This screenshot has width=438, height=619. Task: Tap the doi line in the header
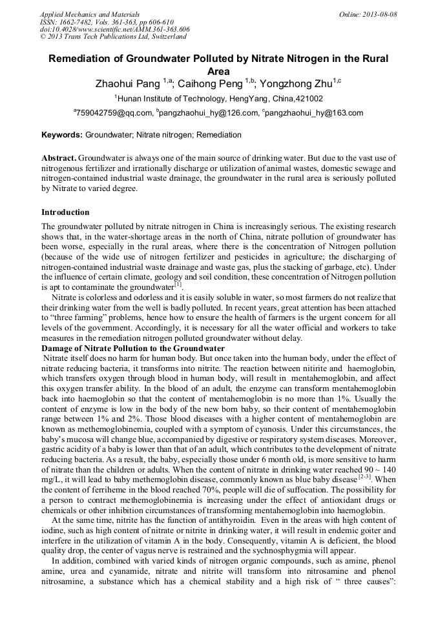(114, 30)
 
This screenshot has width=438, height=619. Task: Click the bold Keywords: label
(62, 136)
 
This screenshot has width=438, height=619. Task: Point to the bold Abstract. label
(59, 158)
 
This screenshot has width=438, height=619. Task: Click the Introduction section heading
(65, 212)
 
